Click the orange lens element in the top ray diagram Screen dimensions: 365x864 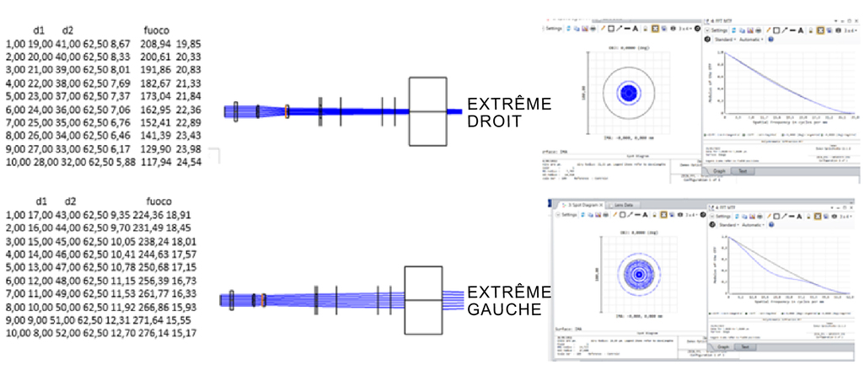(287, 110)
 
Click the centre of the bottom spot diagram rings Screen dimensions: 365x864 (639, 274)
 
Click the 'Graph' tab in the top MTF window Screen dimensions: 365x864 (722, 170)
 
